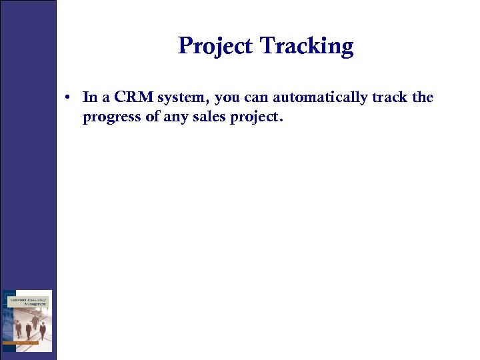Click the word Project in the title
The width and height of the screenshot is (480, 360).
point(217,46)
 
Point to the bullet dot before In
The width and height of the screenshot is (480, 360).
point(69,98)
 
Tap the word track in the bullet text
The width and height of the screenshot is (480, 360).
point(390,97)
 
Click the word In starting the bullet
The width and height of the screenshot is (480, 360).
point(89,97)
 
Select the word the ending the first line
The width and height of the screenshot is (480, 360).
point(423,97)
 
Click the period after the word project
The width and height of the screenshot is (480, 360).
point(282,121)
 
